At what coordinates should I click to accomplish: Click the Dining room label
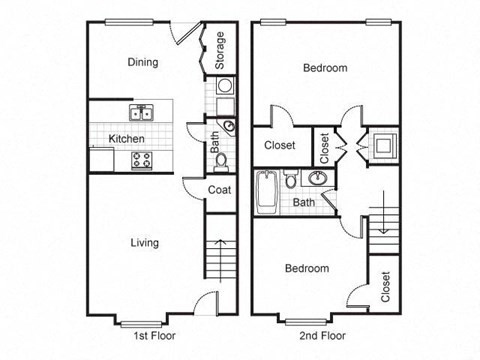142,62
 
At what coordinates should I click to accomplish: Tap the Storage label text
220,51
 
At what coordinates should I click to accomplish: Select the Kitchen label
127,138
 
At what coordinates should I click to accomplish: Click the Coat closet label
221,189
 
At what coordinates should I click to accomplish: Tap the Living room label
146,242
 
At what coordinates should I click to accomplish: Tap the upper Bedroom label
326,68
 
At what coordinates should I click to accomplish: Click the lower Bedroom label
306,268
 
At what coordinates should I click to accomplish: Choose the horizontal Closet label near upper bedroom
279,145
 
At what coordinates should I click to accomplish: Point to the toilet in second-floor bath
290,180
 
